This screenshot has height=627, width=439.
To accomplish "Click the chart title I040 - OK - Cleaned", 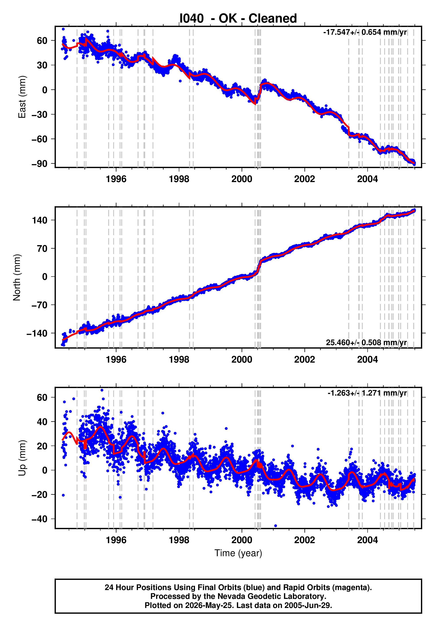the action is (x=238, y=18).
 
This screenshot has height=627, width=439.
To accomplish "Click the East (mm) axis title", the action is (x=22, y=97).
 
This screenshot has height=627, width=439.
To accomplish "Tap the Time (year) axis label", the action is (x=238, y=553).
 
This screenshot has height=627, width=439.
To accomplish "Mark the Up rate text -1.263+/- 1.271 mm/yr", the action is (x=367, y=393).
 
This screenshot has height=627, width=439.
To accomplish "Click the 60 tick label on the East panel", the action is (x=42, y=41).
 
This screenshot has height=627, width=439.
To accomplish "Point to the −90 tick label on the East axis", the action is (x=40, y=164).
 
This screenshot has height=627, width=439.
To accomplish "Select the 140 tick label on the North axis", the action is (x=40, y=220).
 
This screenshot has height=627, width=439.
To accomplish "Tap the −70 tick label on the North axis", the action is (x=40, y=305).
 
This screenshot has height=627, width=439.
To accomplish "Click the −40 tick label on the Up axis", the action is (x=40, y=519).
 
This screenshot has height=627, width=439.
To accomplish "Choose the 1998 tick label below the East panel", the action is (x=179, y=179).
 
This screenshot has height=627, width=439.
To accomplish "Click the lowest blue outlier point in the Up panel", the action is (x=275, y=526).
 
